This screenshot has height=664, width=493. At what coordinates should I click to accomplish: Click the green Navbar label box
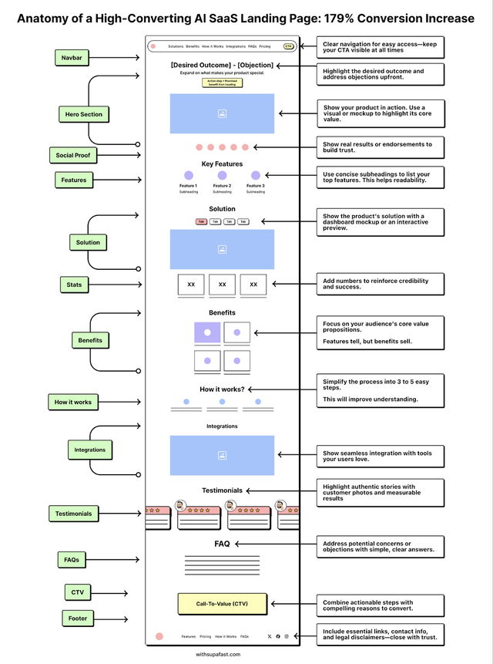pyautogui.click(x=72, y=58)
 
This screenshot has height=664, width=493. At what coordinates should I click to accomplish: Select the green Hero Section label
pyautogui.click(x=83, y=114)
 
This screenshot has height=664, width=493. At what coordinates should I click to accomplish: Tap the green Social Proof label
pyautogui.click(x=72, y=155)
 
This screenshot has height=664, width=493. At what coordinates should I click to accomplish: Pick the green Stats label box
pyautogui.click(x=74, y=285)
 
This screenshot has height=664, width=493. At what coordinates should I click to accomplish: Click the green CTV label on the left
pyautogui.click(x=77, y=592)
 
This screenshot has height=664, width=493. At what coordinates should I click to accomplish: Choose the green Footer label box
pyautogui.click(x=78, y=618)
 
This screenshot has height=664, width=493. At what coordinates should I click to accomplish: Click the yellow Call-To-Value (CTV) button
pyautogui.click(x=222, y=604)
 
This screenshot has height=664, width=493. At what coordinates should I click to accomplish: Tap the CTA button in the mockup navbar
pyautogui.click(x=288, y=46)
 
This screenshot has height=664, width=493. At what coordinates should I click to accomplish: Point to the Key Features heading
pyautogui.click(x=222, y=163)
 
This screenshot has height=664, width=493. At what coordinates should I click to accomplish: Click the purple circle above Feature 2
pyautogui.click(x=222, y=176)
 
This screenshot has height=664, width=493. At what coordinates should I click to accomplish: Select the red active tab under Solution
pyautogui.click(x=201, y=221)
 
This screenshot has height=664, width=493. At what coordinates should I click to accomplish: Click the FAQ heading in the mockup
pyautogui.click(x=222, y=544)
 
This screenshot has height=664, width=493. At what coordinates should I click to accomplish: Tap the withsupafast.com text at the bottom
pyautogui.click(x=218, y=654)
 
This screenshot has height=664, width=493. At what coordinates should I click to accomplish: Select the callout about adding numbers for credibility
pyautogui.click(x=380, y=285)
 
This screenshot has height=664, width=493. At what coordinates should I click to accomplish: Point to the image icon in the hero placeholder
pyautogui.click(x=222, y=113)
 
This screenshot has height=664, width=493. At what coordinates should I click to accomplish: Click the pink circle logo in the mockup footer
pyautogui.click(x=159, y=636)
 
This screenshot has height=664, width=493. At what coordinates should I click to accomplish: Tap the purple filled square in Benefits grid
pyautogui.click(x=207, y=332)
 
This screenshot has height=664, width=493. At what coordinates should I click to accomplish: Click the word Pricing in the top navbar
pyautogui.click(x=265, y=46)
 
